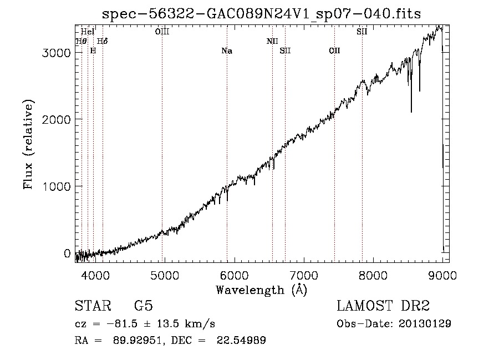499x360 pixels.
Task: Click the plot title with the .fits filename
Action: click(x=261, y=14)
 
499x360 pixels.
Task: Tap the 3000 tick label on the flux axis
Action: click(x=56, y=53)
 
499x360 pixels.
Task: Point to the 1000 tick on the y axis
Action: click(x=56, y=186)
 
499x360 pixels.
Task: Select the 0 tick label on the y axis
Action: click(x=67, y=253)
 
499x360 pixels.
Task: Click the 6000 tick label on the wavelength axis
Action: click(x=234, y=275)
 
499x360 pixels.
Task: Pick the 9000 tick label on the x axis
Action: click(x=442, y=275)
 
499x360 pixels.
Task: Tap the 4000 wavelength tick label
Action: click(x=95, y=275)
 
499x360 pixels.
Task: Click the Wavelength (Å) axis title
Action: click(x=262, y=290)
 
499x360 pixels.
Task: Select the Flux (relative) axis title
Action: click(x=28, y=145)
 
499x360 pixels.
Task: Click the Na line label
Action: click(x=227, y=51)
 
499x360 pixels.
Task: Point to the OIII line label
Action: click(x=162, y=32)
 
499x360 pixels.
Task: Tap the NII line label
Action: click(x=272, y=41)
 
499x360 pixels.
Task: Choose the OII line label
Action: click(x=334, y=51)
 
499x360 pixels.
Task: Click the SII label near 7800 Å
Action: click(x=362, y=32)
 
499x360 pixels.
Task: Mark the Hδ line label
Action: click(x=102, y=41)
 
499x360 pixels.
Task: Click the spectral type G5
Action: click(x=144, y=306)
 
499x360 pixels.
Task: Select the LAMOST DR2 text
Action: click(x=383, y=306)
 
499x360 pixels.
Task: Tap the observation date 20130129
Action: click(x=425, y=324)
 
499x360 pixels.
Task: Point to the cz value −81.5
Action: click(x=122, y=324)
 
